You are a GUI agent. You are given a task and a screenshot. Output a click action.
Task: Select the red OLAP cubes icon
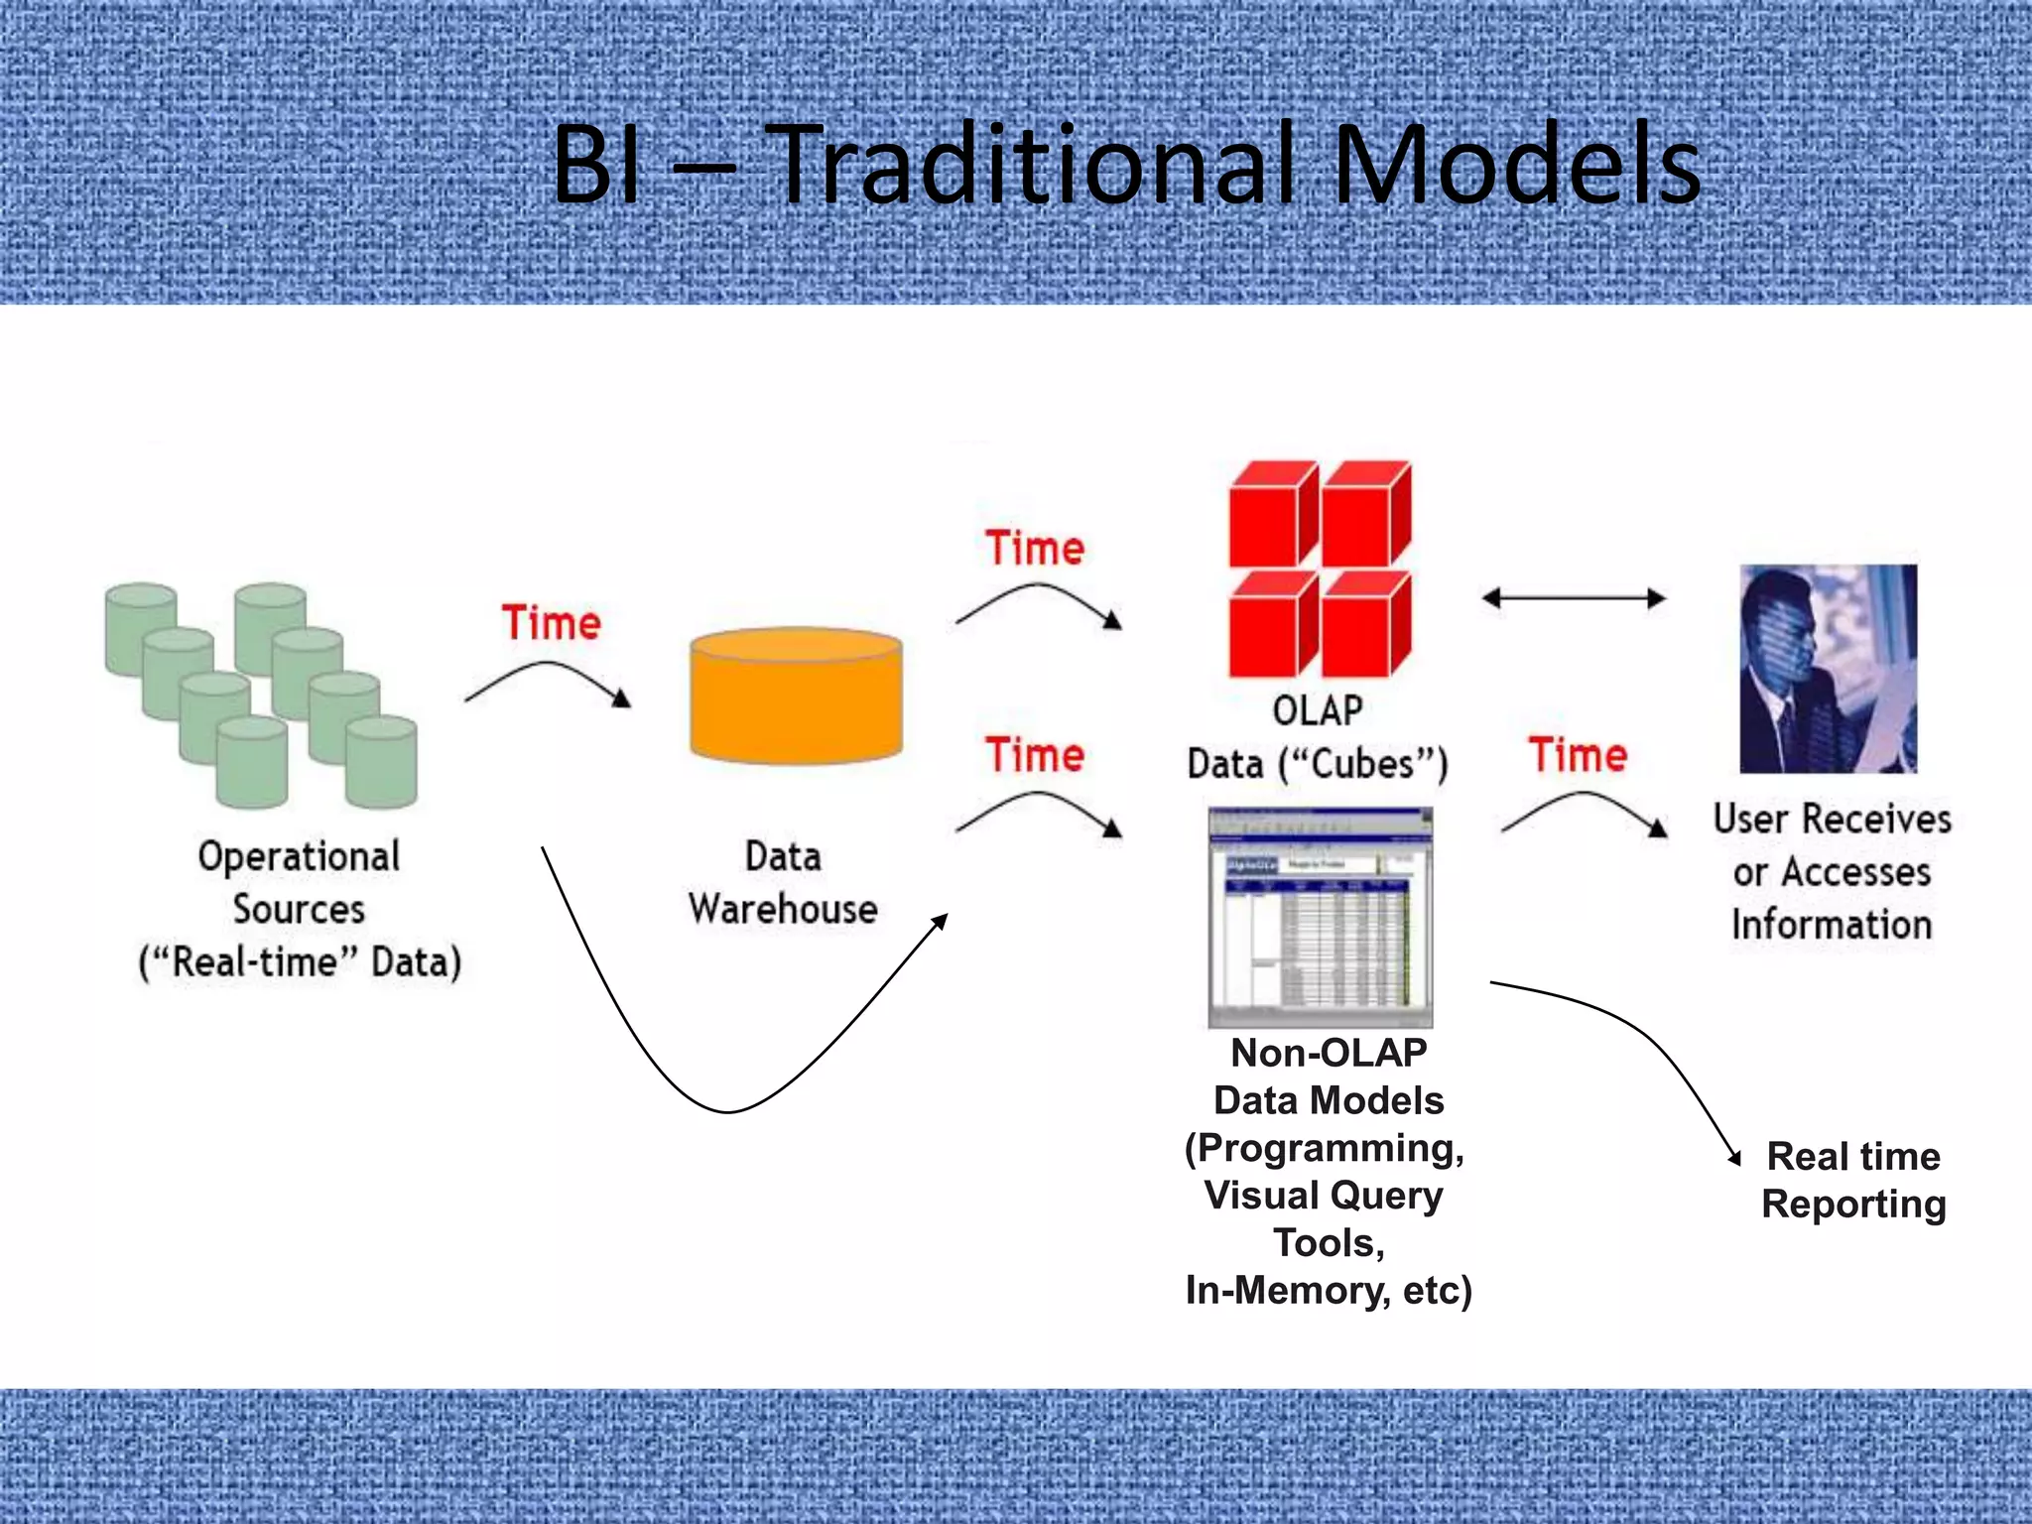click(1320, 568)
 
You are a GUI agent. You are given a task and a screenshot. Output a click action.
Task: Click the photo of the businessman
click(1828, 669)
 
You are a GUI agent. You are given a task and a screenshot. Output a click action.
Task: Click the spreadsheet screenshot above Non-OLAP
click(1320, 917)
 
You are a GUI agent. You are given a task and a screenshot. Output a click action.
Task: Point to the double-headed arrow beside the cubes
click(1573, 598)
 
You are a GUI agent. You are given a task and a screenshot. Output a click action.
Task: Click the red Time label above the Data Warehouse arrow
click(552, 623)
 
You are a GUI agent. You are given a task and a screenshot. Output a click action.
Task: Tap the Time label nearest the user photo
click(1578, 755)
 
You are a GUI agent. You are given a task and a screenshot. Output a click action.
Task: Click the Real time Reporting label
click(1853, 1180)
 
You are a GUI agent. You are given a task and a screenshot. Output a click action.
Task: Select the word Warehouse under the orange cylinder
click(783, 909)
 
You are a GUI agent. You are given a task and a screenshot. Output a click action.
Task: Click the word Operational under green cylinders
click(299, 856)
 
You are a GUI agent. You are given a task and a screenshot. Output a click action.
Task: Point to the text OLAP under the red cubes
click(1318, 710)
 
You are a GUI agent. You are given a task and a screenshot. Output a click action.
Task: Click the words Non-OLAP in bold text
click(1329, 1053)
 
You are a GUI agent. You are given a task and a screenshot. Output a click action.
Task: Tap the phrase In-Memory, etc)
click(1329, 1290)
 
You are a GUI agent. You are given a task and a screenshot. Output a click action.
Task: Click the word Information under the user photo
click(1832, 925)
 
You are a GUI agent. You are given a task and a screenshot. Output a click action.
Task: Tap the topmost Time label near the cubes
click(1035, 549)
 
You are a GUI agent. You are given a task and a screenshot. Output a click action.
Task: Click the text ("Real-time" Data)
click(301, 962)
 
